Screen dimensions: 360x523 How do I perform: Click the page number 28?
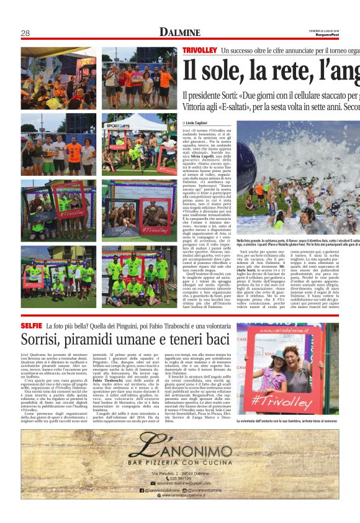coord(25,33)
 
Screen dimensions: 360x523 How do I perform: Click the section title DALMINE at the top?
coord(179,32)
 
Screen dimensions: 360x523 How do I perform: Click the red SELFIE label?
coord(31,325)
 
